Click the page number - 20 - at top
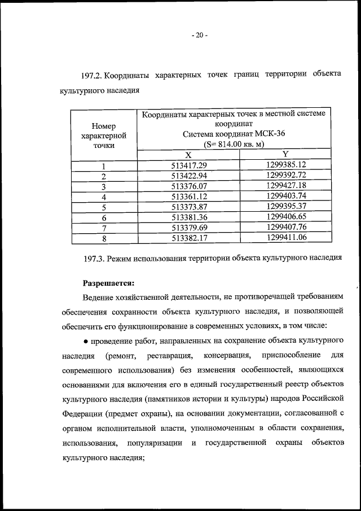199,35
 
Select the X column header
188,155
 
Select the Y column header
285,155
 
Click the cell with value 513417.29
189,165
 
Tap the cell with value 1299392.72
285,176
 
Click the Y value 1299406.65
285,217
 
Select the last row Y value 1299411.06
285,238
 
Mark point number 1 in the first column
104,165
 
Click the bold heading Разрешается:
109,281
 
